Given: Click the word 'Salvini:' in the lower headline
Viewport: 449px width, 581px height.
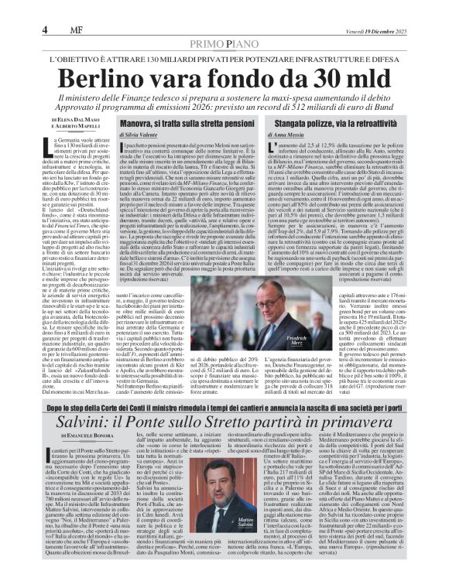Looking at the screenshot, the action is pos(92,422).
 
